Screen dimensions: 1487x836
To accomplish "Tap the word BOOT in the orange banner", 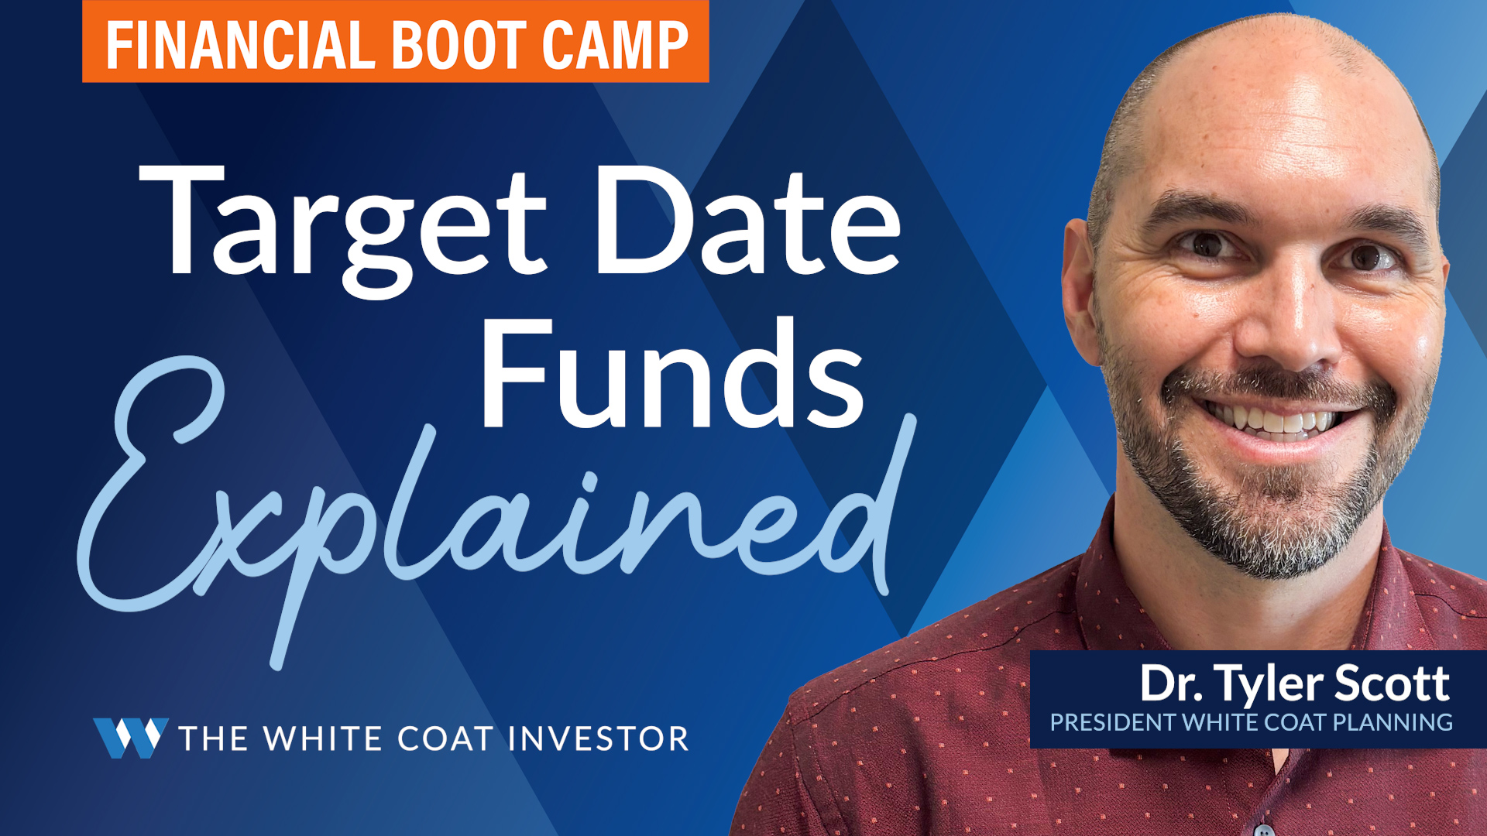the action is tap(460, 45).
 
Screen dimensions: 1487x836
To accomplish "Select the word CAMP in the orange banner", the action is tap(615, 45).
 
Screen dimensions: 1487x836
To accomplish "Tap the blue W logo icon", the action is tap(131, 738).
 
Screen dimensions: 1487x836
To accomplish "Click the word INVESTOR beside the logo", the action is tap(599, 738).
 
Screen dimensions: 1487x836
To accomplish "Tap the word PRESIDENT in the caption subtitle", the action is tap(1112, 723).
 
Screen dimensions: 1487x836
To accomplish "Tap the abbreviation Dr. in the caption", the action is tap(1171, 684).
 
